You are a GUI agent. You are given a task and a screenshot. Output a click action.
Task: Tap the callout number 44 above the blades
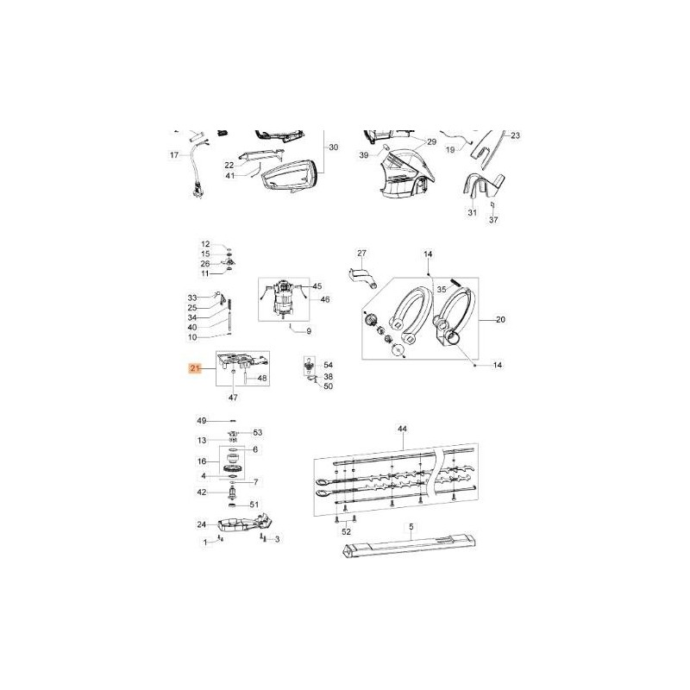[x=402, y=429]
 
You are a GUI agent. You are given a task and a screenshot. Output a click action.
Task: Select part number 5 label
[x=411, y=526]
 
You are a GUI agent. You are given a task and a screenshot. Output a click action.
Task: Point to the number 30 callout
[x=334, y=147]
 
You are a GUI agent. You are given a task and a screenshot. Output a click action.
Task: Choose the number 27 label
[x=362, y=253]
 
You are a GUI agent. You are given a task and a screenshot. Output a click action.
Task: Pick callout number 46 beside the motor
[x=325, y=299]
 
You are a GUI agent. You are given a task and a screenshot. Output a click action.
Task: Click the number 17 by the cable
[x=173, y=155]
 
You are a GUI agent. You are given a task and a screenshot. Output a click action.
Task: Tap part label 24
[x=201, y=524]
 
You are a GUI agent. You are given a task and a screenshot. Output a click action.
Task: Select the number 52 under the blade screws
[x=346, y=532]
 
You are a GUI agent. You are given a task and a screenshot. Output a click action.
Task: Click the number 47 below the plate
[x=233, y=397]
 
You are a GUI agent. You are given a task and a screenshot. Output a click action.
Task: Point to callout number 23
[x=515, y=135]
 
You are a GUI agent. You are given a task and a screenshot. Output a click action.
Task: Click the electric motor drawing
[x=284, y=302]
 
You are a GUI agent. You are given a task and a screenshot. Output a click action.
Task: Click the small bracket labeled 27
[x=364, y=278]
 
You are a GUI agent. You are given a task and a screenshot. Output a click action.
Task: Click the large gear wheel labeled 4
[x=232, y=469]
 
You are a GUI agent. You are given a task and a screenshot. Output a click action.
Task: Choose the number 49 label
[x=201, y=420]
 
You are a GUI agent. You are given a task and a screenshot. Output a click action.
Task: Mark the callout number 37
[x=493, y=220]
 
